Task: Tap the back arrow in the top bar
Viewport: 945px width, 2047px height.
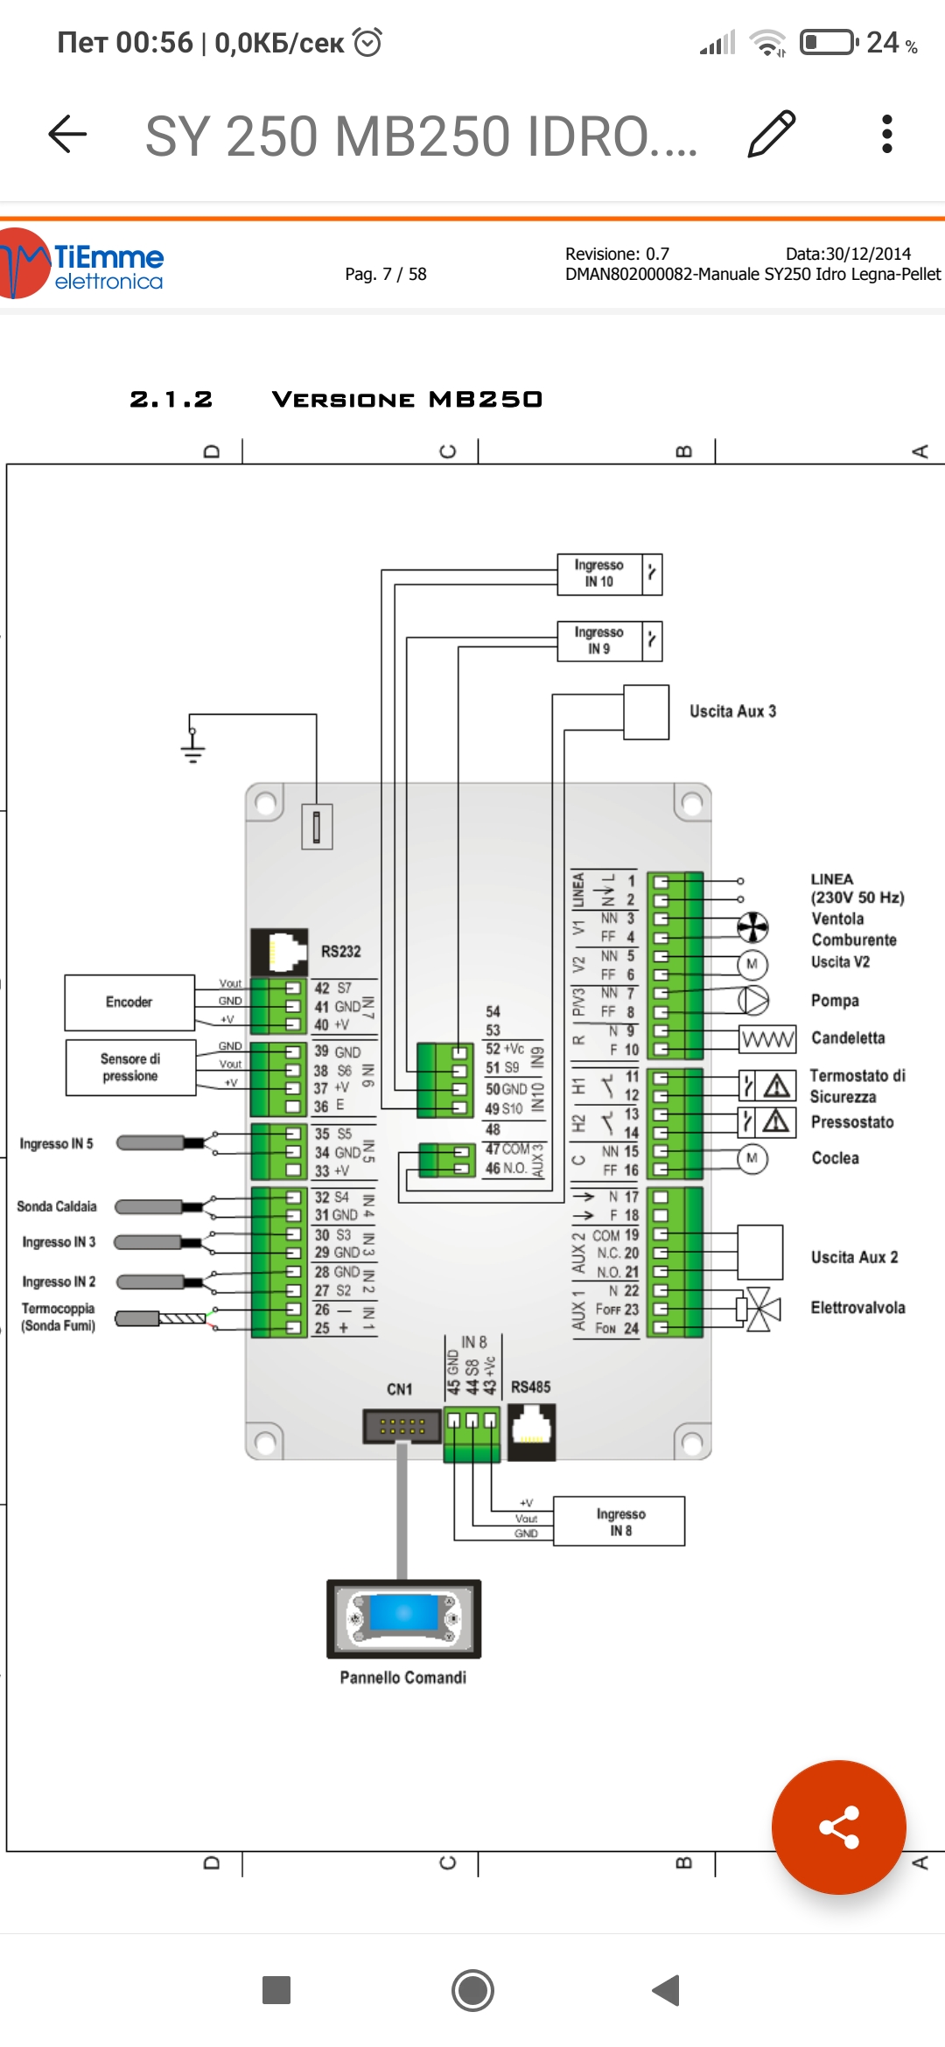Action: pos(67,134)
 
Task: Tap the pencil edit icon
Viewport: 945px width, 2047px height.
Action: pos(772,134)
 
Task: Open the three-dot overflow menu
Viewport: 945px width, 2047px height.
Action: pos(886,134)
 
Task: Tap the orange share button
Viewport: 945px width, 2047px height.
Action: pos(838,1827)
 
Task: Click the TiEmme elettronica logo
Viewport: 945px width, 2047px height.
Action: pos(82,263)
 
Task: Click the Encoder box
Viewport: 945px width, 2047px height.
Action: pos(129,1003)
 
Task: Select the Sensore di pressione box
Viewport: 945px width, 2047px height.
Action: pos(130,1067)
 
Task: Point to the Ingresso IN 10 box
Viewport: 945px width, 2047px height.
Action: pos(600,574)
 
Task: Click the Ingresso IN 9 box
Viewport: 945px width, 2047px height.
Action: pos(600,641)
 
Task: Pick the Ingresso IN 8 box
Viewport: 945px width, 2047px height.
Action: pos(619,1521)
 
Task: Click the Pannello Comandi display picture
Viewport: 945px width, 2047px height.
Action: pos(403,1618)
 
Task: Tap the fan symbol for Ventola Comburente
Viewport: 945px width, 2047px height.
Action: pos(752,927)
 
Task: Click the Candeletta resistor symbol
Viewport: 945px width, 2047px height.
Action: pos(767,1039)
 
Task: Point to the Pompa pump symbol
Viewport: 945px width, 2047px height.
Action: pos(752,1000)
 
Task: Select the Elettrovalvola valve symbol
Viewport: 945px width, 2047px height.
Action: pos(758,1309)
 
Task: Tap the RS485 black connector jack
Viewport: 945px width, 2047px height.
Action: pos(531,1431)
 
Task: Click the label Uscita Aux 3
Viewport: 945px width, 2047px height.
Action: pos(732,711)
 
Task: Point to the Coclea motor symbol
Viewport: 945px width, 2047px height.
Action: pos(752,1158)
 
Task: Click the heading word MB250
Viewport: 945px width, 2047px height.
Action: pos(486,400)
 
